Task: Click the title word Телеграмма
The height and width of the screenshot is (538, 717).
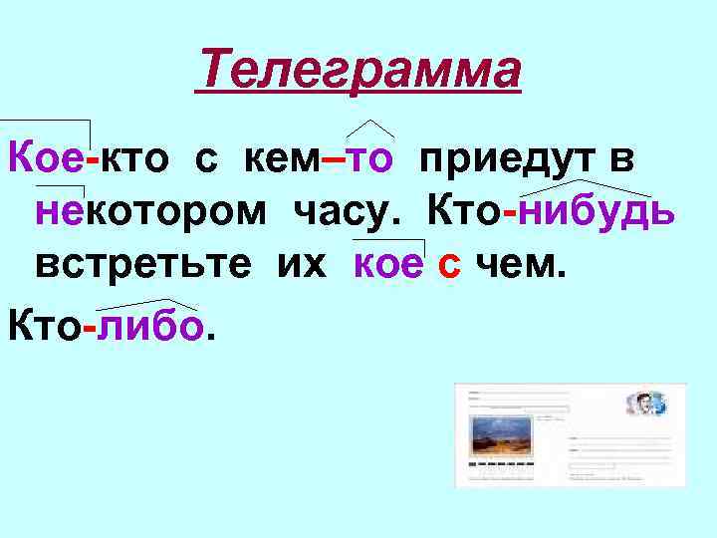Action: (358, 71)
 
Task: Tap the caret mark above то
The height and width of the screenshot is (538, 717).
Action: (370, 128)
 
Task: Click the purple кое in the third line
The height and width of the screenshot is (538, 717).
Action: (389, 267)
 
